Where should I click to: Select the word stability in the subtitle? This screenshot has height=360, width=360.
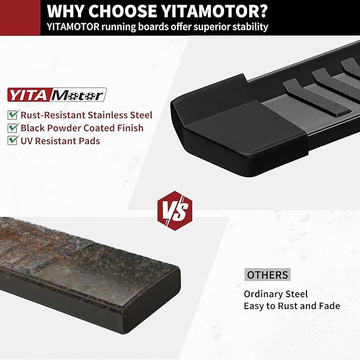(248, 27)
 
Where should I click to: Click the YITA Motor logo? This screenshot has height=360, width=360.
(56, 95)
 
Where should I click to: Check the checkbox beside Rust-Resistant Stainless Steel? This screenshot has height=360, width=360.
(12, 115)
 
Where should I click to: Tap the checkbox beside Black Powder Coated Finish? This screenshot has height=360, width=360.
(12, 128)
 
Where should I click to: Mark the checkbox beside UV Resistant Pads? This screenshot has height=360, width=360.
(12, 141)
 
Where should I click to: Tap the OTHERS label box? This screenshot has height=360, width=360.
(268, 275)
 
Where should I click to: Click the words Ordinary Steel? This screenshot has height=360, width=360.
(276, 294)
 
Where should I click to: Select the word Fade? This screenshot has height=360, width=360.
(329, 306)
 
